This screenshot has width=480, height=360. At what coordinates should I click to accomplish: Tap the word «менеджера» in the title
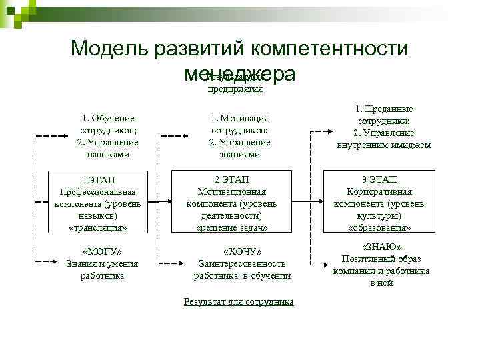240,73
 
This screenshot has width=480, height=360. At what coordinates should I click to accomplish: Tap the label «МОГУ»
101,252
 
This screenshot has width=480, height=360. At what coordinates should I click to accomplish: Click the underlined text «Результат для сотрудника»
238,302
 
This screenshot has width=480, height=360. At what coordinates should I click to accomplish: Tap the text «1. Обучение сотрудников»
109,124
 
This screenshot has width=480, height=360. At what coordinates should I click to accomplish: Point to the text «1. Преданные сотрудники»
383,114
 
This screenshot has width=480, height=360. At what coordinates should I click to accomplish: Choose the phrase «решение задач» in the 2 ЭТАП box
232,227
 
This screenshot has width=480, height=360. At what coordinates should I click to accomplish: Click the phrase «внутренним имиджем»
384,145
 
